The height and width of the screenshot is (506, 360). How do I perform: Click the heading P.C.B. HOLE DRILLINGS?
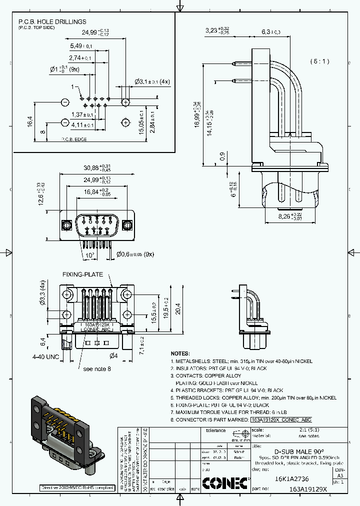(x=52, y=22)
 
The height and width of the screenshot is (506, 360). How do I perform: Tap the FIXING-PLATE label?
(x=82, y=274)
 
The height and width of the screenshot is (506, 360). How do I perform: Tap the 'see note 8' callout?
(x=97, y=368)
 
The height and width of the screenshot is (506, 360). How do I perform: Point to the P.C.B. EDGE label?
(x=74, y=139)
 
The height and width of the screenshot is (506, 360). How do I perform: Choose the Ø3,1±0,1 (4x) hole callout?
(x=152, y=81)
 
